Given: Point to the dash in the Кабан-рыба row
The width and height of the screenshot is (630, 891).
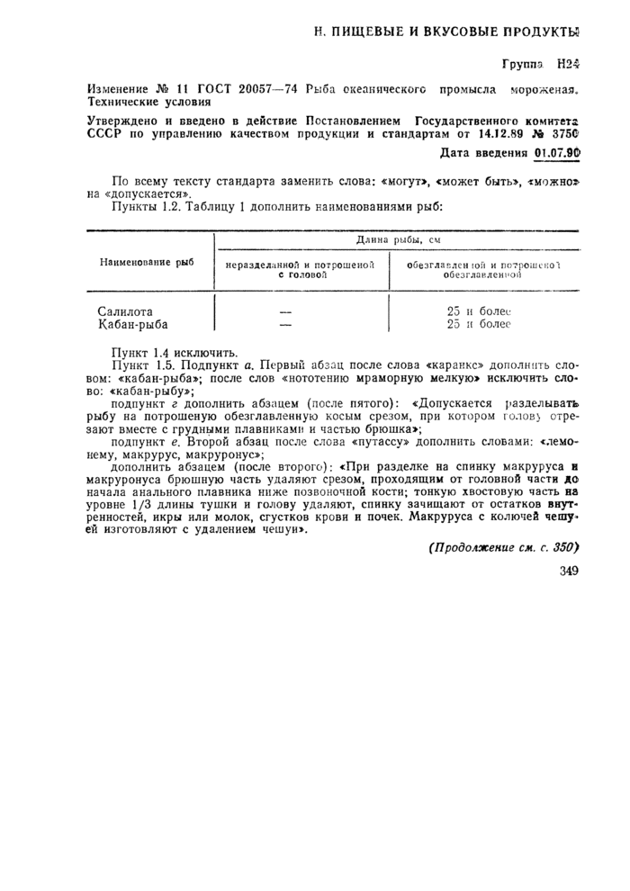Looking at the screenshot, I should click(x=287, y=324).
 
